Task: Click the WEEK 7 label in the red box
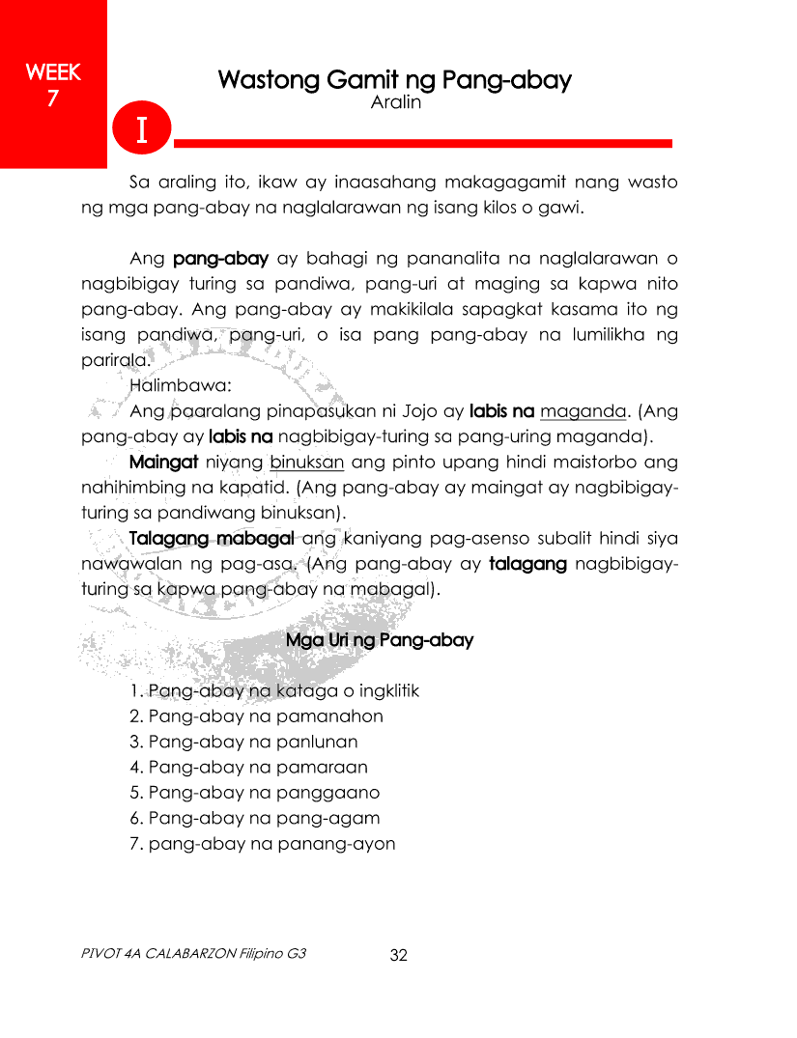click(53, 84)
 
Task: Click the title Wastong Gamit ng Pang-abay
click(394, 79)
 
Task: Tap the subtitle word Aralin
click(396, 101)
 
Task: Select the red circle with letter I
click(141, 129)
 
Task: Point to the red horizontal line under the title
click(422, 143)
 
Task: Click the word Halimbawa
click(174, 385)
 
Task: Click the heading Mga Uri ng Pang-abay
click(380, 640)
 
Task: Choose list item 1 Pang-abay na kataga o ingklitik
click(274, 691)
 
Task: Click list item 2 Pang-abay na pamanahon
click(256, 716)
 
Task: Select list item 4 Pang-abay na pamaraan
click(248, 768)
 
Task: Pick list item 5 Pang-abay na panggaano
click(254, 793)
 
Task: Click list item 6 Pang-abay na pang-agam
click(254, 818)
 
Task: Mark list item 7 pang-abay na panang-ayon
click(262, 844)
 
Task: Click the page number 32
click(398, 956)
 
